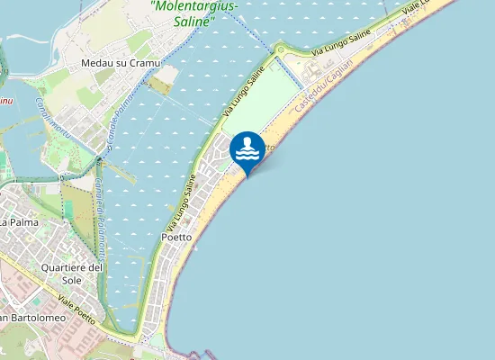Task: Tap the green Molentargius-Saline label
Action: point(194,13)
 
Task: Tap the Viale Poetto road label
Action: point(74,302)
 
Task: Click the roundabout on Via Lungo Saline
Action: point(280,49)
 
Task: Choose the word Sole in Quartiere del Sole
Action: point(73,281)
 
